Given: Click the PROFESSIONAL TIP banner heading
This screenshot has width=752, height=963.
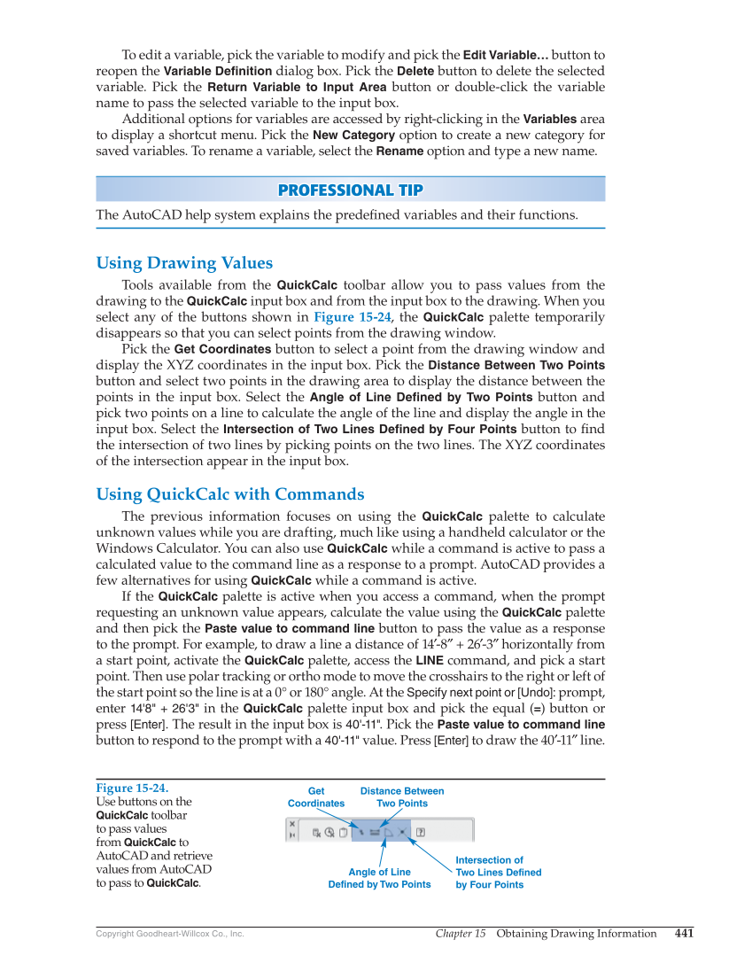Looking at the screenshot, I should (x=350, y=190).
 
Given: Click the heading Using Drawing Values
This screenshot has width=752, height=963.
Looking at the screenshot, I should (x=184, y=263).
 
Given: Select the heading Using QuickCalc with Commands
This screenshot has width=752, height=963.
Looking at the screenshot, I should (x=230, y=494).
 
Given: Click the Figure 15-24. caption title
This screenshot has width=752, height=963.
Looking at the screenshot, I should (x=131, y=788).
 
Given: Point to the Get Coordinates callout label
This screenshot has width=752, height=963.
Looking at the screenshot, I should (x=316, y=797).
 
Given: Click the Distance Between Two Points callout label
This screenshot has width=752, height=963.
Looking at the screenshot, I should (x=402, y=797).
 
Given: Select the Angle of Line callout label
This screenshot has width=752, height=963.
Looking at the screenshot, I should (x=379, y=878).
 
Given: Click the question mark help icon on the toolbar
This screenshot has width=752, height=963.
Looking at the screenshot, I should (x=421, y=833).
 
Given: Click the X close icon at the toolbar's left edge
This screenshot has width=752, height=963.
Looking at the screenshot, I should (x=292, y=824).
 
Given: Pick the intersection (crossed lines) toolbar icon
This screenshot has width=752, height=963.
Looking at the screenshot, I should (x=402, y=833).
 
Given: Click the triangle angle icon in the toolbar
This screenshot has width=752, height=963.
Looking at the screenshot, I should (x=388, y=833).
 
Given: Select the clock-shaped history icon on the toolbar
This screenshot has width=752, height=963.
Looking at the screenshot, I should (x=329, y=833).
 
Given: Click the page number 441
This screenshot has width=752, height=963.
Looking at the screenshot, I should (x=684, y=933).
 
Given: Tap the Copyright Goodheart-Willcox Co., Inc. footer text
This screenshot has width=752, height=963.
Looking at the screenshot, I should (x=169, y=934).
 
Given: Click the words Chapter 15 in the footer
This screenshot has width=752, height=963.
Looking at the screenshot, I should (x=461, y=934).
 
